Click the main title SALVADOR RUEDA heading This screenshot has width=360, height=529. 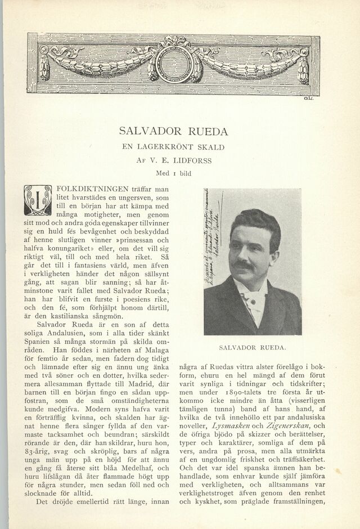point(173,132)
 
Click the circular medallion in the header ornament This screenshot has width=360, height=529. point(173,59)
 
